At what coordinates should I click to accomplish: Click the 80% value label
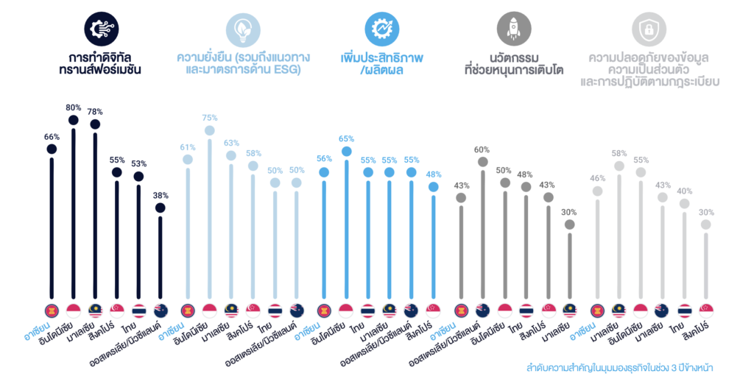[74, 107]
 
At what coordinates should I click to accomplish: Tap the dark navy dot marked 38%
[160, 208]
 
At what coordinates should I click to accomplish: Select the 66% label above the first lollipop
[52, 137]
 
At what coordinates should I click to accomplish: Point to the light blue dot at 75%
[209, 130]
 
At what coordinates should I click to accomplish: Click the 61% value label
[188, 147]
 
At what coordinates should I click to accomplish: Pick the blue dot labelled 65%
[346, 151]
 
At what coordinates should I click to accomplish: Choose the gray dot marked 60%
[483, 161]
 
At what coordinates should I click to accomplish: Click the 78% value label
[95, 112]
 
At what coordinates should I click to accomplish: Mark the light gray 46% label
[597, 179]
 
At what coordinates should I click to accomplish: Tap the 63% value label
[231, 144]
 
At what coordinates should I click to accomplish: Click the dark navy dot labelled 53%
[138, 177]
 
